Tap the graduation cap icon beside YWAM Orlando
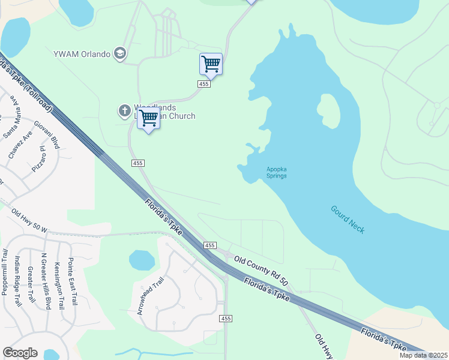(120, 54)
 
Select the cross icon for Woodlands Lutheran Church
(124, 110)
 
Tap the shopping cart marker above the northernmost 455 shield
(211, 64)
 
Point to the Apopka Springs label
(276, 172)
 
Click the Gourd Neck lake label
(348, 220)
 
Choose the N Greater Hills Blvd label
(45, 281)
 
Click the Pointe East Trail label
(72, 281)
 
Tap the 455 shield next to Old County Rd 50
(209, 245)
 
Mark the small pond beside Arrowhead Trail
(142, 260)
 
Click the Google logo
(20, 353)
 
